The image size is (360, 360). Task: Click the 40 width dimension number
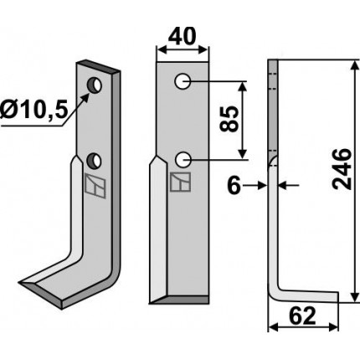pyautogui.click(x=183, y=37)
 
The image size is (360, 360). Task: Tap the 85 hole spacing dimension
pyautogui.click(x=229, y=119)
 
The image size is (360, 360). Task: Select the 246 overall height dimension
pyautogui.click(x=341, y=169)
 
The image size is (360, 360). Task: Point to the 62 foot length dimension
pyautogui.click(x=302, y=316)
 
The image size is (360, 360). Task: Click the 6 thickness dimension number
pyautogui.click(x=234, y=186)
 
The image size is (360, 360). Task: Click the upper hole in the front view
pyautogui.click(x=183, y=82)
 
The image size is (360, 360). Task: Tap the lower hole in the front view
pyautogui.click(x=183, y=160)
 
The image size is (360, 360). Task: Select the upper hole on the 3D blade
pyautogui.click(x=95, y=85)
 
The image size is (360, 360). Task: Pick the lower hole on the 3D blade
pyautogui.click(x=95, y=161)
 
